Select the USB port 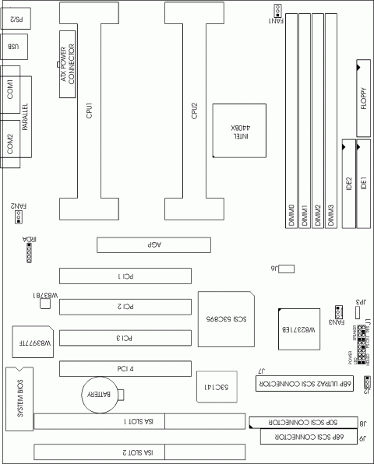pyautogui.click(x=15, y=47)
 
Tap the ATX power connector pyautogui.click(x=67, y=58)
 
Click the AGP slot pyautogui.click(x=153, y=244)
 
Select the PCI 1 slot pyautogui.click(x=126, y=276)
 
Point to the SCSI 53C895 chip pyautogui.click(x=225, y=320)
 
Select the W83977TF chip pyautogui.click(x=32, y=343)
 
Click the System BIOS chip pyautogui.click(x=20, y=398)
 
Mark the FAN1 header pyautogui.click(x=278, y=9)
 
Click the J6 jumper pyautogui.click(x=287, y=269)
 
